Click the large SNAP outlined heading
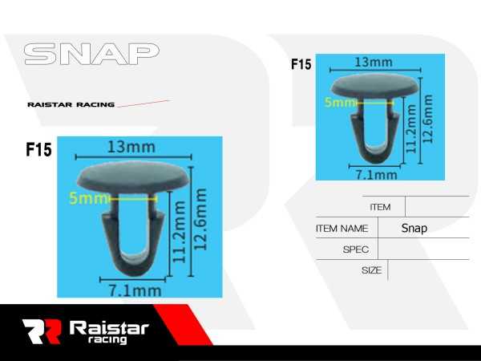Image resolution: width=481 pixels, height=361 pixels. click(91, 55)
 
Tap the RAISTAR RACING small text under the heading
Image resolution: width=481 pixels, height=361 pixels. click(71, 104)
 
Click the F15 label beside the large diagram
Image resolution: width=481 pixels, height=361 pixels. click(38, 150)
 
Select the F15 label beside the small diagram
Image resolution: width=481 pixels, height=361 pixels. click(301, 64)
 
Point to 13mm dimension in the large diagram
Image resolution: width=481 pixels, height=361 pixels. click(131, 147)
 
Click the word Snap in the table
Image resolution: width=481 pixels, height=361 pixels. click(414, 228)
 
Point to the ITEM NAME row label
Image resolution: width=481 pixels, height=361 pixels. click(342, 229)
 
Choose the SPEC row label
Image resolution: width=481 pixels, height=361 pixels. click(355, 249)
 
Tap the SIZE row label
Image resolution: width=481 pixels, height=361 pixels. click(371, 270)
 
